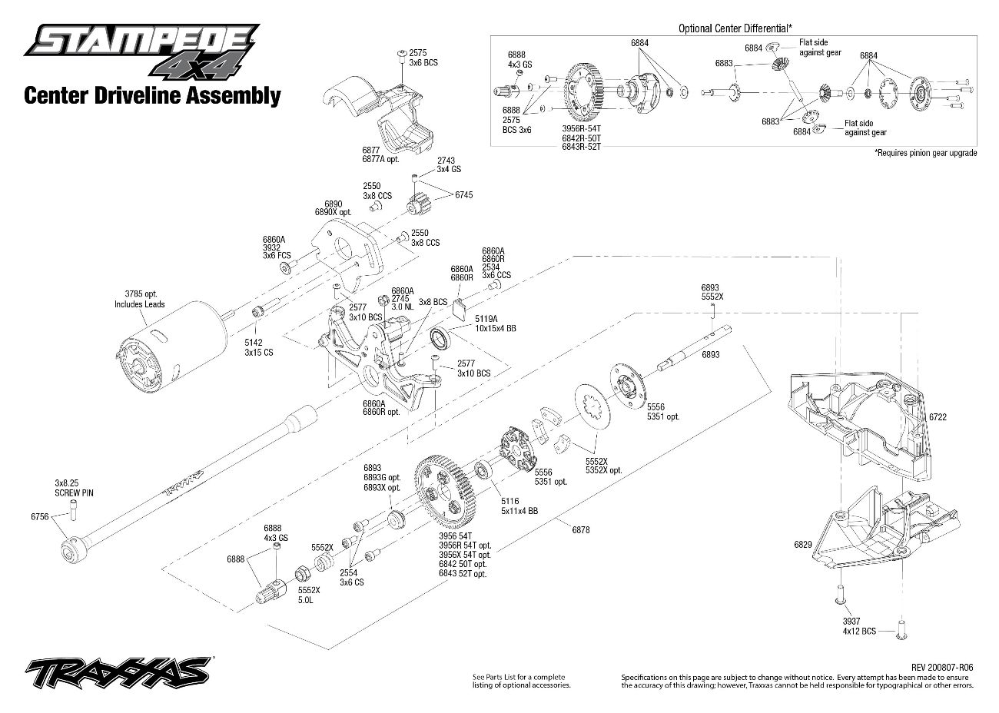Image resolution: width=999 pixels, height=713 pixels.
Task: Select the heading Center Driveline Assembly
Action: (152, 96)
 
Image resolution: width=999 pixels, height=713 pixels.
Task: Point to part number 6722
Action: (938, 416)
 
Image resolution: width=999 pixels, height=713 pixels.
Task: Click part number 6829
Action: (802, 544)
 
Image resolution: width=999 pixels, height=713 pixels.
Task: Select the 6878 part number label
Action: (581, 529)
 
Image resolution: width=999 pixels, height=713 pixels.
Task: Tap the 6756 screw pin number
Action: (39, 517)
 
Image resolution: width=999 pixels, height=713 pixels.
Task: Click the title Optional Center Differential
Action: (735, 28)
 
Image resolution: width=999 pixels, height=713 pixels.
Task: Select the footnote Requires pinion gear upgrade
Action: (925, 153)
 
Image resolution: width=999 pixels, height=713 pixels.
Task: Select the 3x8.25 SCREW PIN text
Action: (73, 487)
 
